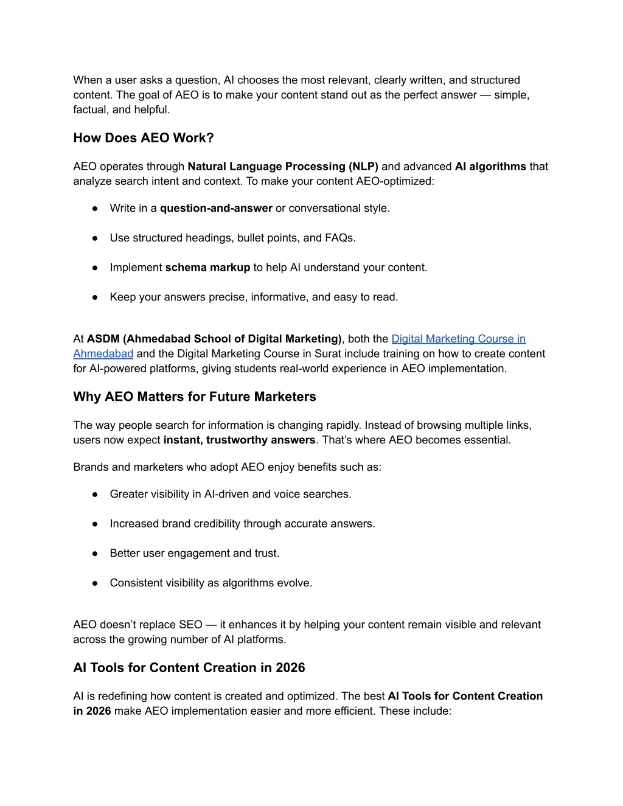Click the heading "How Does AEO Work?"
point(144,138)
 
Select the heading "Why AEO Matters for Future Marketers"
point(195,397)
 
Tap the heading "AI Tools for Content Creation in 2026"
point(189,668)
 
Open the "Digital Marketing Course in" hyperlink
point(458,339)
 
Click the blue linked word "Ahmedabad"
point(103,354)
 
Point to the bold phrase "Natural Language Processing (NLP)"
point(283,167)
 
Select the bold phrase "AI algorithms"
point(490,167)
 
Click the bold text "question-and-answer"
point(216,209)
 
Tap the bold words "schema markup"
point(207,268)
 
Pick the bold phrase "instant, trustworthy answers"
point(239,440)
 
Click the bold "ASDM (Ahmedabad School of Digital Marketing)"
point(214,339)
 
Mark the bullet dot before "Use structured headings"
point(96,238)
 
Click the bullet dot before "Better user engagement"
point(96,554)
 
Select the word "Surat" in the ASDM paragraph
point(328,354)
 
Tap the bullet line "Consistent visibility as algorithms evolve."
point(211,583)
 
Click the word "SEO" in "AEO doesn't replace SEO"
point(190,625)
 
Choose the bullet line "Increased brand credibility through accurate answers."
point(242,524)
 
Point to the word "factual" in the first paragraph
point(89,110)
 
